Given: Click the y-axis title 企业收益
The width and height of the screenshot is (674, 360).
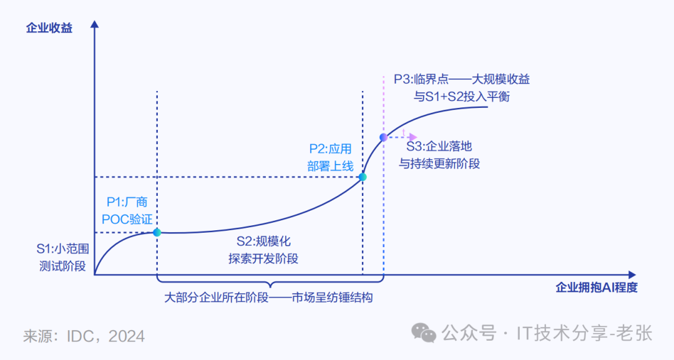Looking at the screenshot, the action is (x=49, y=28).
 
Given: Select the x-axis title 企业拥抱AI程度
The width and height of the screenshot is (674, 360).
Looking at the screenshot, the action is (x=596, y=288).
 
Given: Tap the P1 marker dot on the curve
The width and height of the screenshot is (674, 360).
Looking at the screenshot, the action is (x=157, y=232).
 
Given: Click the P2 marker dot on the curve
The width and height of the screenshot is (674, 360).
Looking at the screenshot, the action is (x=363, y=177).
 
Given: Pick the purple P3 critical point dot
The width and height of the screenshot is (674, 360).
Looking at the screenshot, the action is (x=383, y=137).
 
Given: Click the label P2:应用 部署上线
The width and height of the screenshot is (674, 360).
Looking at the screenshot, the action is (x=330, y=157).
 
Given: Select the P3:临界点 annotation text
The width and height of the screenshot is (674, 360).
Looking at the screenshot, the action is (x=462, y=87).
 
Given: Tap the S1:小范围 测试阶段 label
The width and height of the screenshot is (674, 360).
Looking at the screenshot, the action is (x=62, y=258).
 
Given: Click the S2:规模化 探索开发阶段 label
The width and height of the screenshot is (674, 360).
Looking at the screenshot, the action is (x=263, y=250).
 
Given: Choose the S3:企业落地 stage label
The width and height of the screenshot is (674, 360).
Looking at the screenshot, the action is (x=439, y=155).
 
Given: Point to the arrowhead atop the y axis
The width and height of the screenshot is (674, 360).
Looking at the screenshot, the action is (x=94, y=24).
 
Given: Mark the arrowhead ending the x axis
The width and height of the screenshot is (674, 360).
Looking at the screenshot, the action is (x=632, y=275).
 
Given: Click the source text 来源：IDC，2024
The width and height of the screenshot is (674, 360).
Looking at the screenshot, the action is (x=84, y=336).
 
